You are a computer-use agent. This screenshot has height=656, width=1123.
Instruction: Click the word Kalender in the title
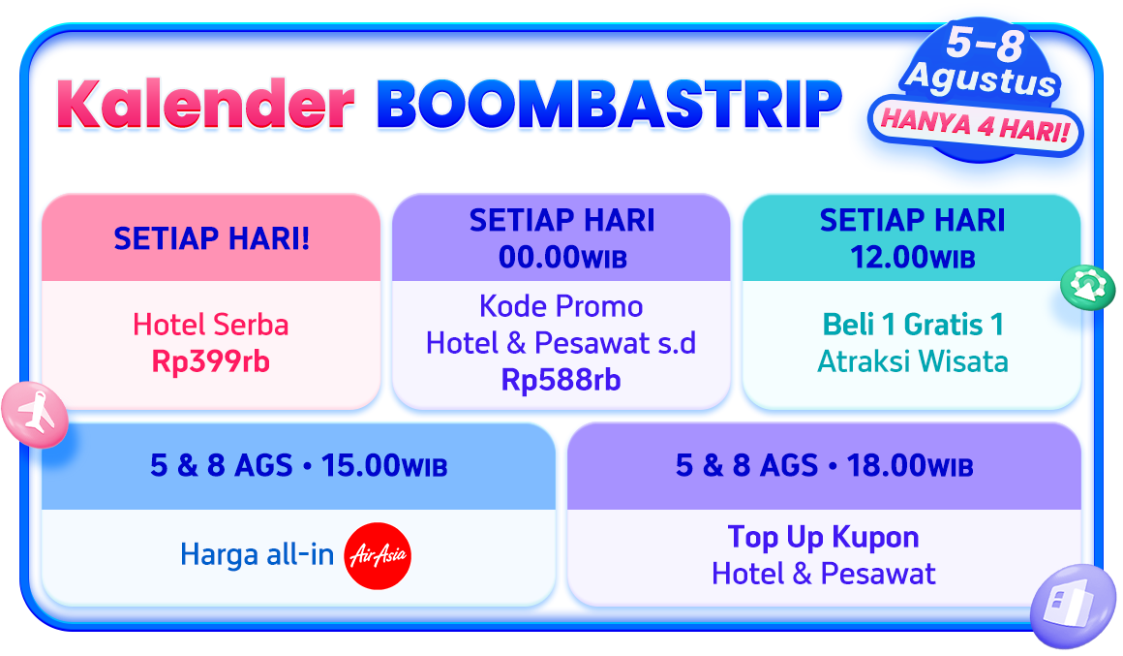(x=205, y=104)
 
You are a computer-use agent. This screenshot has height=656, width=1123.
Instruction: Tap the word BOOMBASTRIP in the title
(x=609, y=105)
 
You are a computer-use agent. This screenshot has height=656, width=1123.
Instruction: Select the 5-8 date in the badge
(x=986, y=44)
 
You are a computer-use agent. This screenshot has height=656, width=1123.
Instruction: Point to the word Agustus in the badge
(x=982, y=78)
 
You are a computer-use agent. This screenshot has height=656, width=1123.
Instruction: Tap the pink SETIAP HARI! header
(x=211, y=238)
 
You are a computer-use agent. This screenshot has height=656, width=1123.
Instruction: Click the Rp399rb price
(x=211, y=361)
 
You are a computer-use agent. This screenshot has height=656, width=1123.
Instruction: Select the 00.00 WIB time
(x=562, y=258)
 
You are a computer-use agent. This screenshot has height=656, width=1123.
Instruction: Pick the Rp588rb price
(x=561, y=380)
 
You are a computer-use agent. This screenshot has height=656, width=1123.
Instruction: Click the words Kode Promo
(x=561, y=306)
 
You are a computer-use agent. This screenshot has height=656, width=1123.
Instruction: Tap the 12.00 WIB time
(x=912, y=258)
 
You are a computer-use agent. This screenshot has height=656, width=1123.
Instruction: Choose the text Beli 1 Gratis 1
(x=912, y=325)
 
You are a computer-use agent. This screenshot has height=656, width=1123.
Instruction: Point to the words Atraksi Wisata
(x=912, y=361)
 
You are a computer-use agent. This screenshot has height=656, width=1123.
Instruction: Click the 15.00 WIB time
(x=384, y=466)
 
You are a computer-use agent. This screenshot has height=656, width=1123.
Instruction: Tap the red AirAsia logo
(x=378, y=555)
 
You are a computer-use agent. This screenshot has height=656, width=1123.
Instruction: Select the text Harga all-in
(x=258, y=555)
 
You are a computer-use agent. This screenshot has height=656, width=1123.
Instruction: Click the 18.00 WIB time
(x=910, y=466)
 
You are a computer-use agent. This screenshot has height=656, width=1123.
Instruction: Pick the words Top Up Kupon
(x=823, y=537)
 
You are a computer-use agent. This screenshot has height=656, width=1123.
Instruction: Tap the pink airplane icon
(x=35, y=415)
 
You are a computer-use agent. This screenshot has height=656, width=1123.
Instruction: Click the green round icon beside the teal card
(x=1088, y=288)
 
